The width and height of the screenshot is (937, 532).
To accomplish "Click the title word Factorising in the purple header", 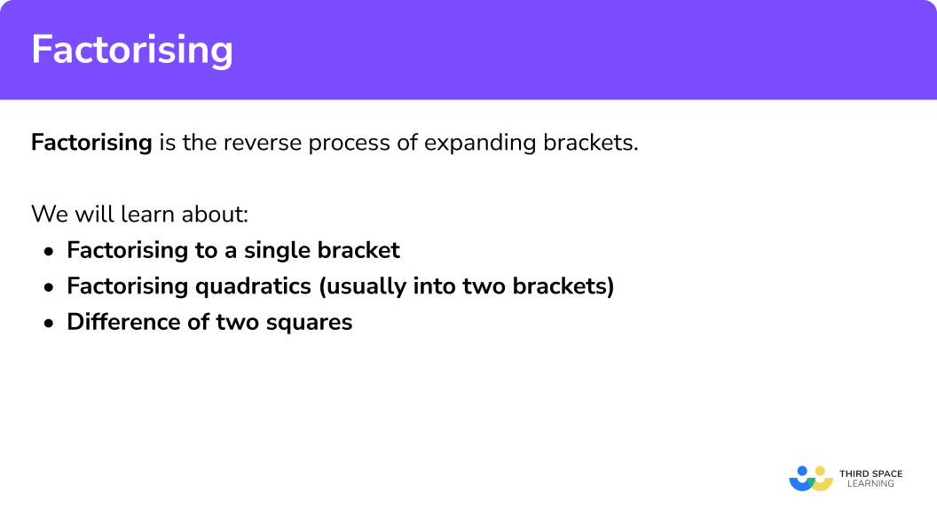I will point(132,50).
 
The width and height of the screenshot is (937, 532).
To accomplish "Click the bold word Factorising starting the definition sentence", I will point(91,143).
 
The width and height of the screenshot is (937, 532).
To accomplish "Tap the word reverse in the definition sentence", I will point(251,143).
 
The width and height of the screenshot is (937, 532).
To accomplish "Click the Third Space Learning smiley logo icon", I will point(810,478).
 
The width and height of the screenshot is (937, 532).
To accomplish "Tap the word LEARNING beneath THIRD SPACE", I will point(870,484).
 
